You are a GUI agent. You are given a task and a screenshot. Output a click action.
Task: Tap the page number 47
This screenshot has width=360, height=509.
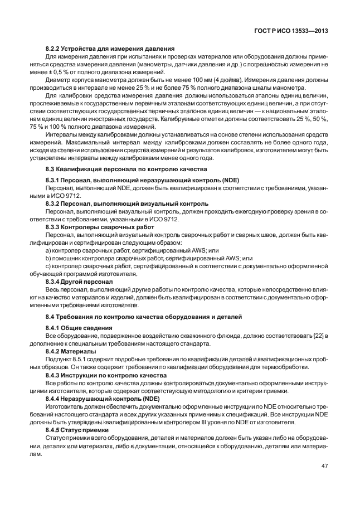(324, 466)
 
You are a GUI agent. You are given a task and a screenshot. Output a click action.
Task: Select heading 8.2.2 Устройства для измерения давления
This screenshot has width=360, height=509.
(110, 49)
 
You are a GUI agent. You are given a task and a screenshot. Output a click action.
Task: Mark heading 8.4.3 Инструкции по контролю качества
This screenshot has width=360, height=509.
(106, 375)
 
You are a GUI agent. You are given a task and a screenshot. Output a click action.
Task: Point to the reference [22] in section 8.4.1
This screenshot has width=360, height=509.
(320, 336)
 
